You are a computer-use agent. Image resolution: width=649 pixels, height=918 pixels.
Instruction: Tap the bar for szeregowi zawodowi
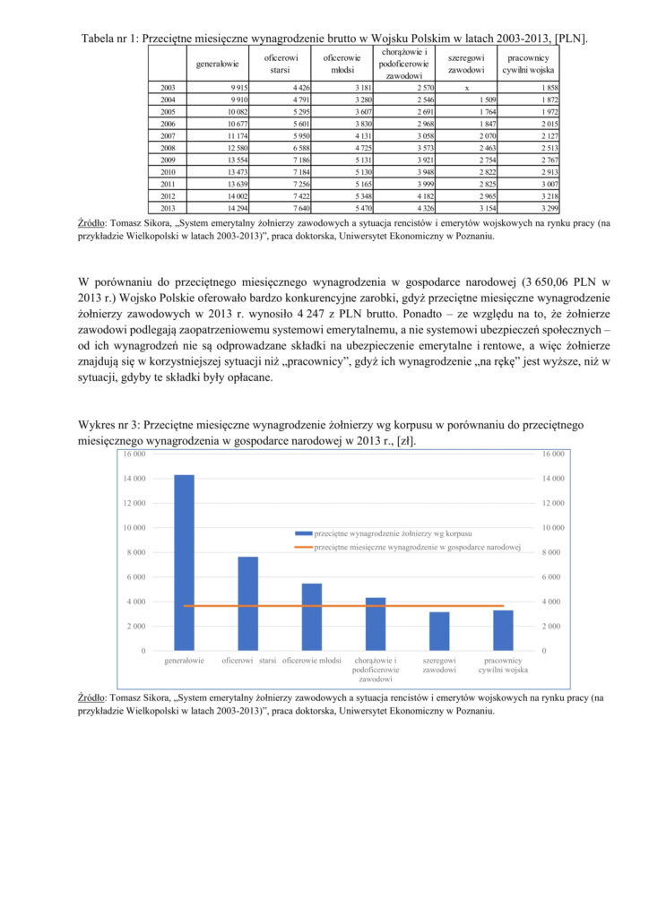pyautogui.click(x=439, y=631)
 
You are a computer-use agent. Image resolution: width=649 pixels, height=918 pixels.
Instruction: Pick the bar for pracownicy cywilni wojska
pyautogui.click(x=503, y=630)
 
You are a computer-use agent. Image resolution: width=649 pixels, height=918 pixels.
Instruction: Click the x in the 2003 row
pyautogui.click(x=466, y=88)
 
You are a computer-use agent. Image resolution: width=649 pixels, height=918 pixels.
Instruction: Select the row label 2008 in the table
pyautogui.click(x=168, y=146)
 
